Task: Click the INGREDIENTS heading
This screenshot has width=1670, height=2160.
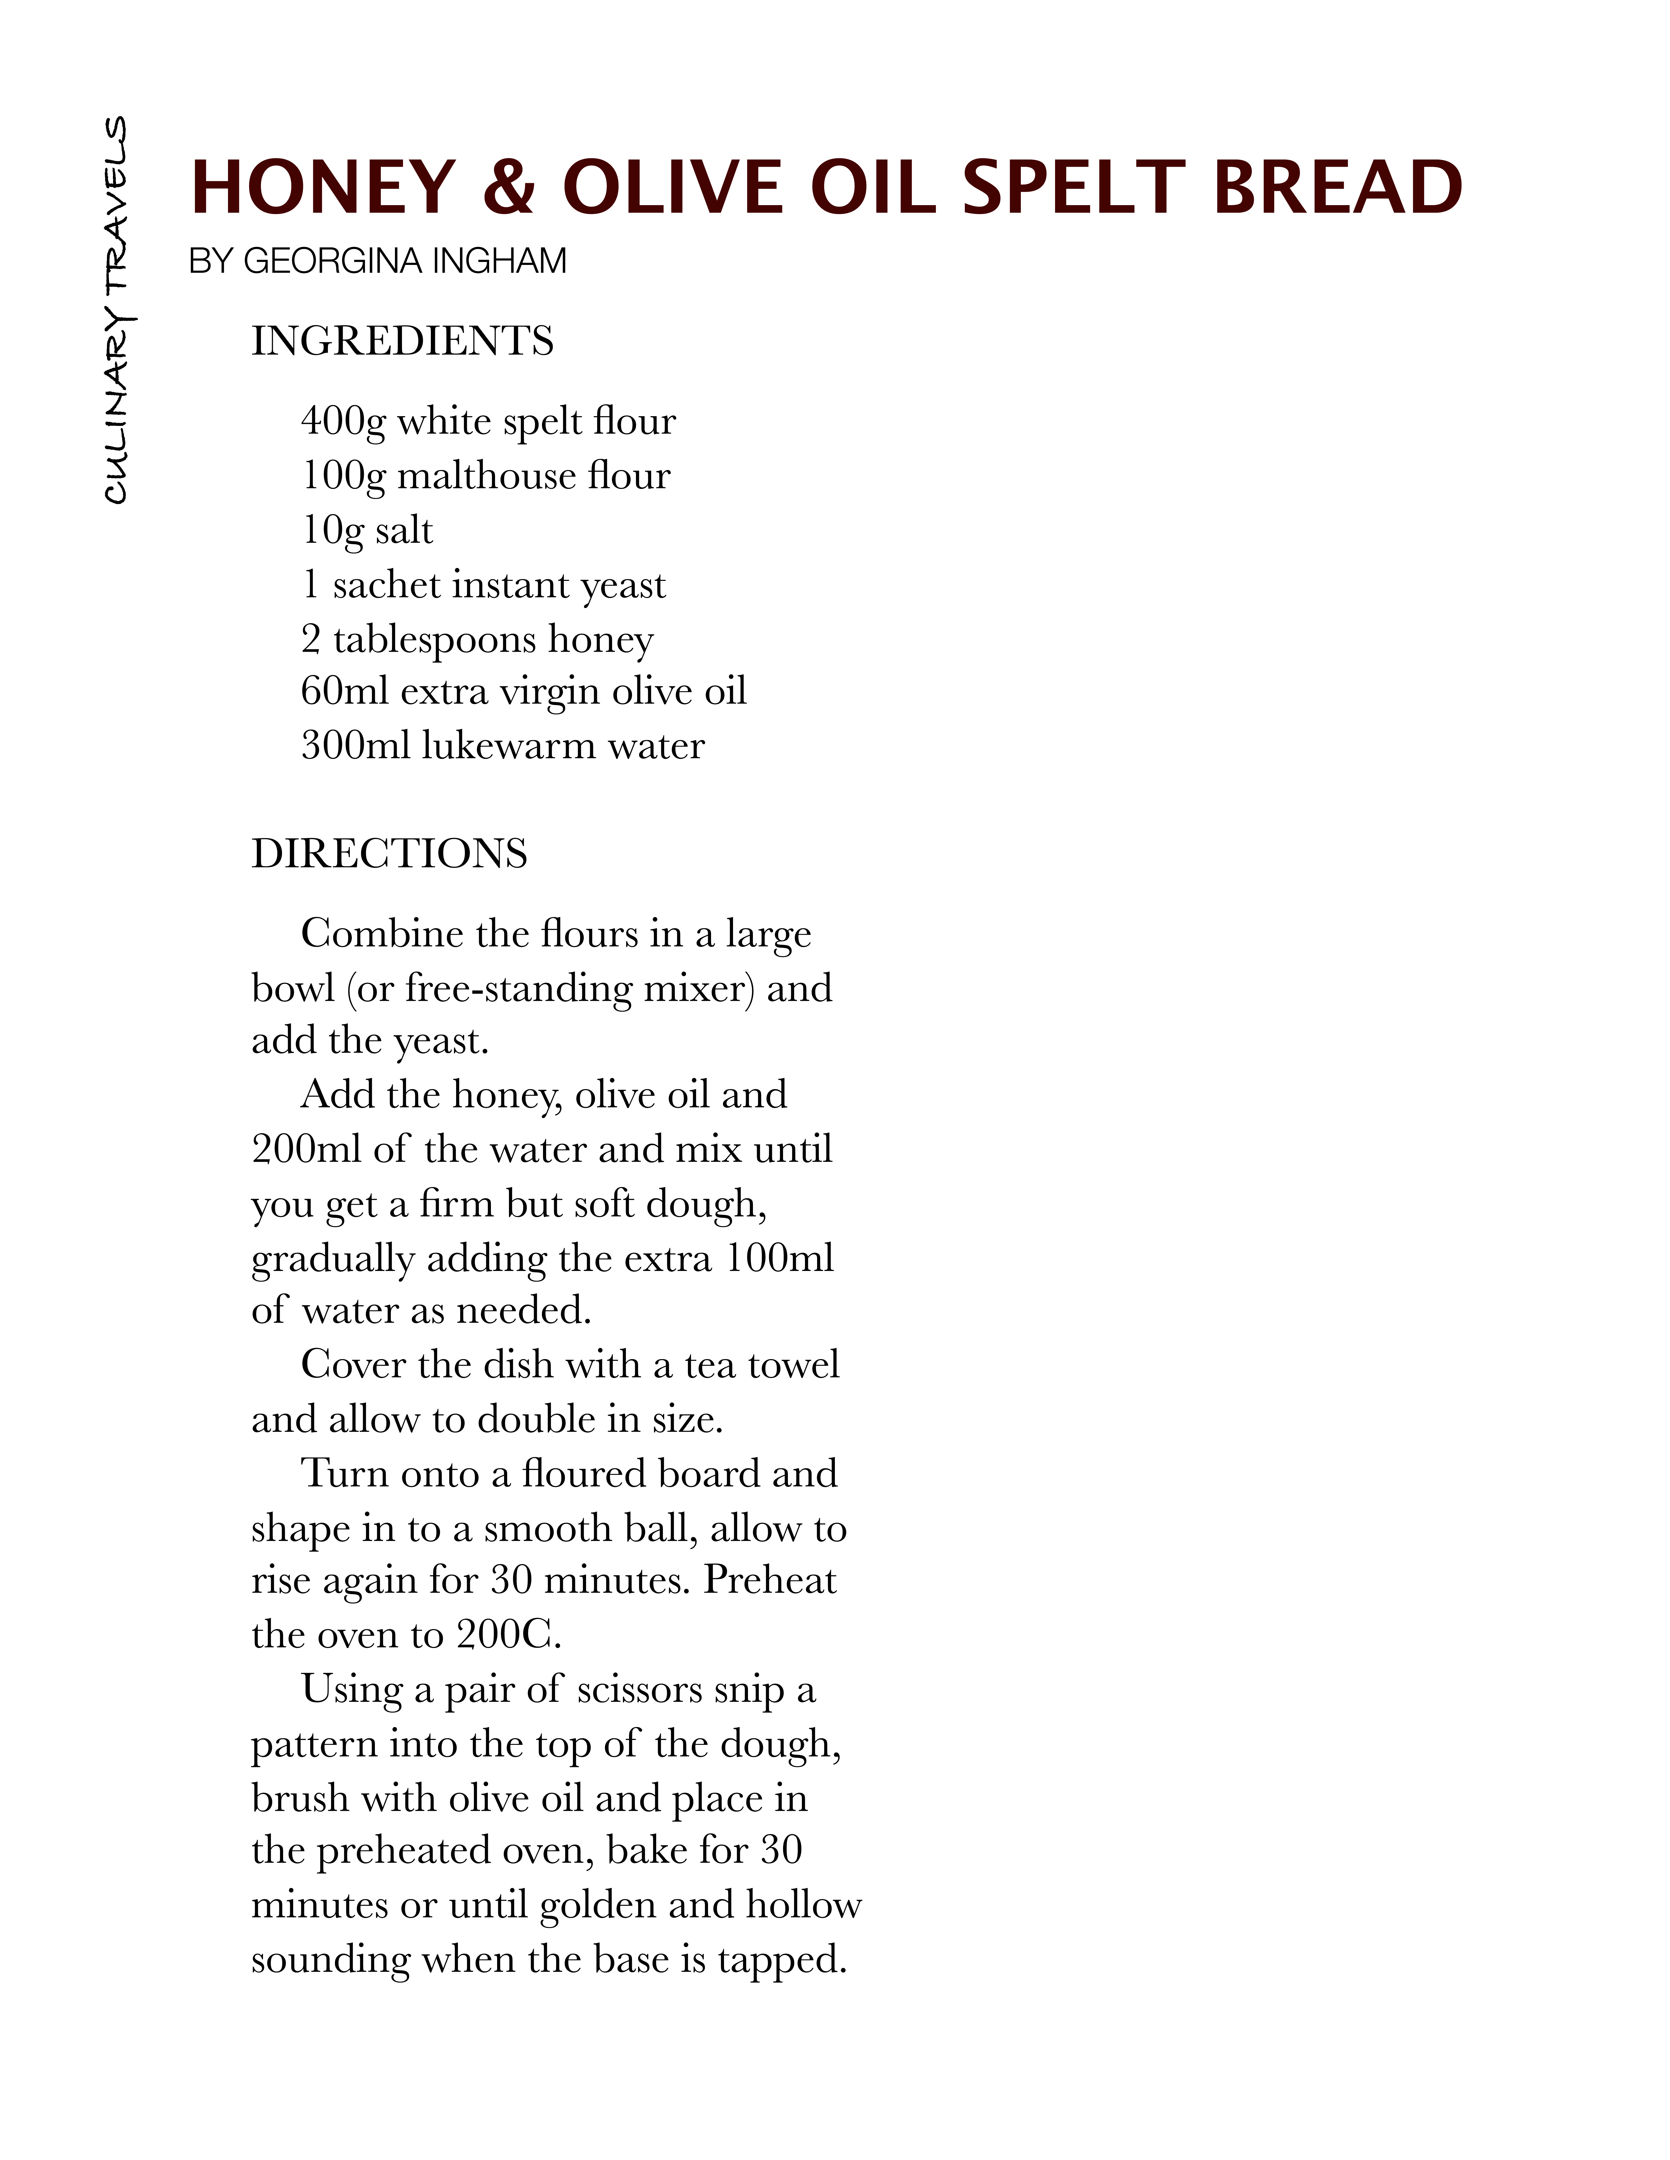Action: tap(402, 341)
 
